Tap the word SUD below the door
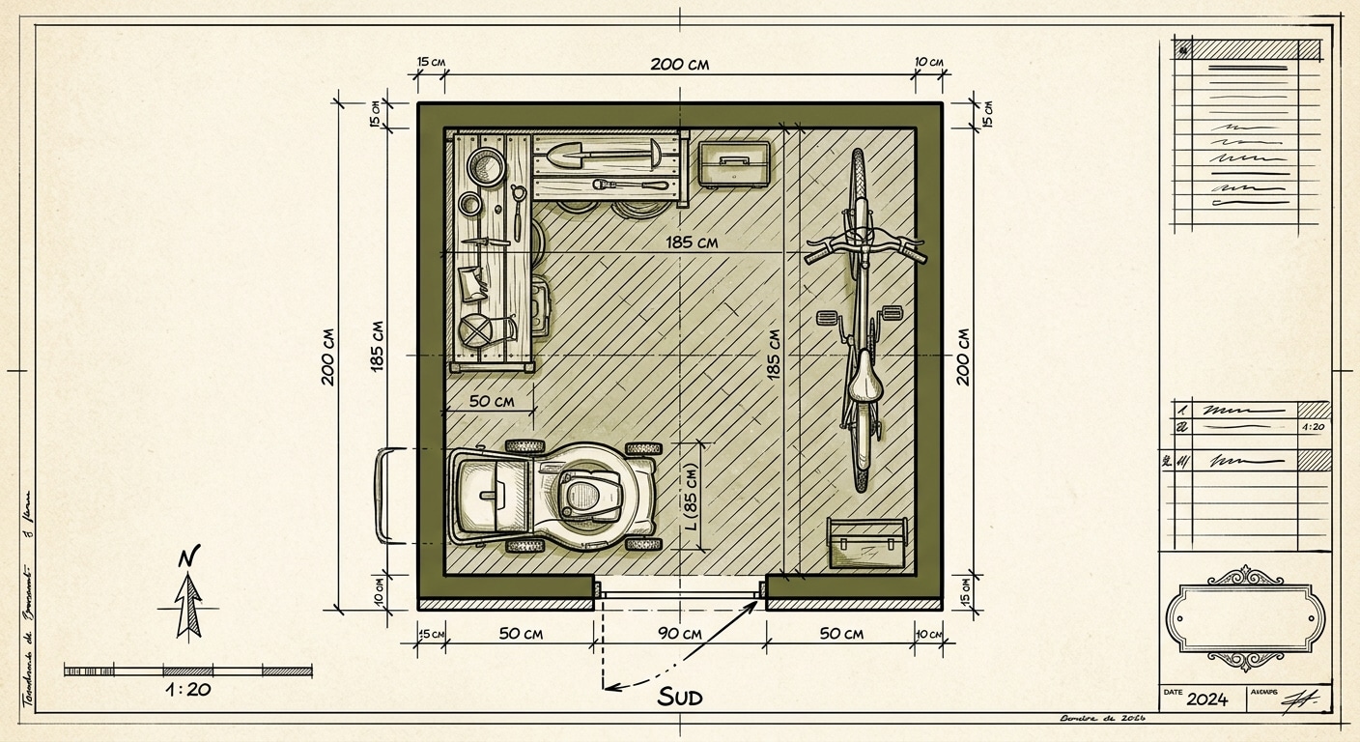click(x=680, y=697)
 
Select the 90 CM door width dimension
click(x=679, y=634)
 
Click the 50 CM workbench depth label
click(x=491, y=400)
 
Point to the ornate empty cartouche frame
click(x=1244, y=617)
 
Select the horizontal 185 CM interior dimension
click(x=691, y=243)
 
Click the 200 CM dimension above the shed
click(x=679, y=65)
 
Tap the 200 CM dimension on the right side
click(x=963, y=357)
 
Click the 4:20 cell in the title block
click(x=1312, y=425)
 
